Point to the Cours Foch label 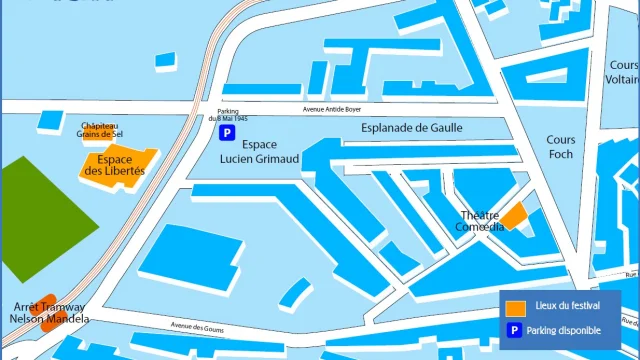[560, 148]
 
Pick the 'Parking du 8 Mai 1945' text [228, 115]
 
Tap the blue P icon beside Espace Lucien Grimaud [228, 132]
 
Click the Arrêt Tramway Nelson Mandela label [48, 312]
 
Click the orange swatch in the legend [516, 307]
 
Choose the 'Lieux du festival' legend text [567, 307]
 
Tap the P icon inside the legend [516, 330]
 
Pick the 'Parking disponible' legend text [568, 330]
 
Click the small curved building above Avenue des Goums [295, 291]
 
